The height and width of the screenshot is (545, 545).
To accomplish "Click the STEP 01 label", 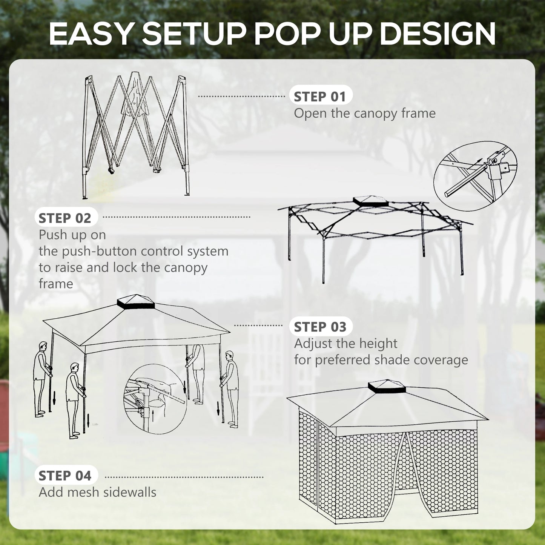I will (x=320, y=97).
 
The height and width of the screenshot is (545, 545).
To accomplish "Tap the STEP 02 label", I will (x=65, y=218).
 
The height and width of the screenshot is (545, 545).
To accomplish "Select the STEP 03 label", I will (x=320, y=327).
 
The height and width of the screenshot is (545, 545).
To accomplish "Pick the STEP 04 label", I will (x=65, y=476).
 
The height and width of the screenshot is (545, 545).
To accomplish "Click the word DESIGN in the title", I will (x=437, y=34).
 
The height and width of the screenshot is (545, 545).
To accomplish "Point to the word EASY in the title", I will (x=91, y=34).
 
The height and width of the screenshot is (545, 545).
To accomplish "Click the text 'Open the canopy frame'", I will (x=365, y=113).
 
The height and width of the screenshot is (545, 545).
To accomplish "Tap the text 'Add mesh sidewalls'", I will (x=97, y=492).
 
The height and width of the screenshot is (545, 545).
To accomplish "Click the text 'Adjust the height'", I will (x=345, y=344).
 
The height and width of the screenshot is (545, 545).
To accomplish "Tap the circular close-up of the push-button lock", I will (x=155, y=399).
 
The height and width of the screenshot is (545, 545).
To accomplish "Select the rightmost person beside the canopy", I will (x=230, y=388).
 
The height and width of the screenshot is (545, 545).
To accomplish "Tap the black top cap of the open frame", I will (x=372, y=202).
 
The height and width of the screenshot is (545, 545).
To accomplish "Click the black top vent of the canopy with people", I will (x=136, y=302).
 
